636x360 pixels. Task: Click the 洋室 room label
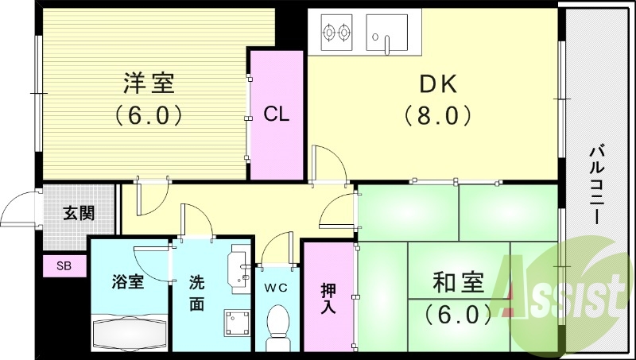[149, 82]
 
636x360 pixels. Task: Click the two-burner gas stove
[335, 33]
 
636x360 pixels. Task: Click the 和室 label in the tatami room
[459, 282]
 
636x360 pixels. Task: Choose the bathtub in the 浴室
[129, 331]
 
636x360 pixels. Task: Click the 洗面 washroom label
[196, 292]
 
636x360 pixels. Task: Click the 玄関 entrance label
[79, 212]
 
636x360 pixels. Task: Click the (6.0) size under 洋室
[149, 115]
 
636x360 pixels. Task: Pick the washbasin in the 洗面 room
[239, 264]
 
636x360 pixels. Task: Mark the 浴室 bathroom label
[128, 282]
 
